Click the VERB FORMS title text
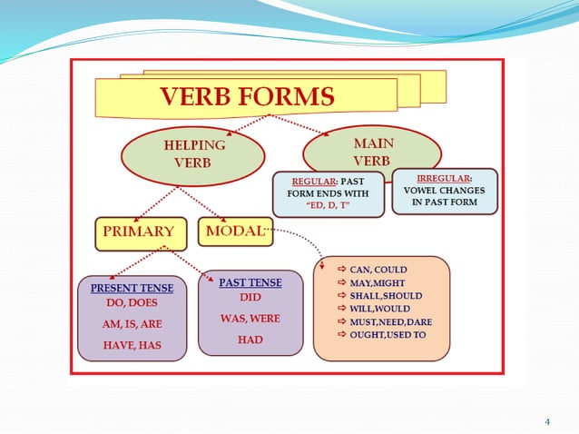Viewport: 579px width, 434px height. click(x=247, y=94)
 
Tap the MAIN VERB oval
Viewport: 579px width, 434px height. click(x=372, y=153)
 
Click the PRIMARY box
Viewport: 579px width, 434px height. click(x=140, y=232)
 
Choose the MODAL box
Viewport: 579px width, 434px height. click(x=234, y=231)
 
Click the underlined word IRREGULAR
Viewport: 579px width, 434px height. click(x=444, y=178)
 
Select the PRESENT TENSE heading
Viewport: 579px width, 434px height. click(x=132, y=289)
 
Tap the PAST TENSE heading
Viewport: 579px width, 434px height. click(x=250, y=282)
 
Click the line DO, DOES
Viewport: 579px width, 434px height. click(x=132, y=302)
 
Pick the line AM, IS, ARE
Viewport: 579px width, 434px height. click(x=132, y=323)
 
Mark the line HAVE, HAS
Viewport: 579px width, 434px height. click(x=132, y=344)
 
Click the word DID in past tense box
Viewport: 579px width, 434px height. click(x=250, y=297)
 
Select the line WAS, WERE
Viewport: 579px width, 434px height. click(x=250, y=319)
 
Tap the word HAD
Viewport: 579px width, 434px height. click(x=250, y=340)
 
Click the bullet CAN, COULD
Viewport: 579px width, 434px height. click(x=378, y=270)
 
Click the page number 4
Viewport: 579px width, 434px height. click(x=547, y=421)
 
